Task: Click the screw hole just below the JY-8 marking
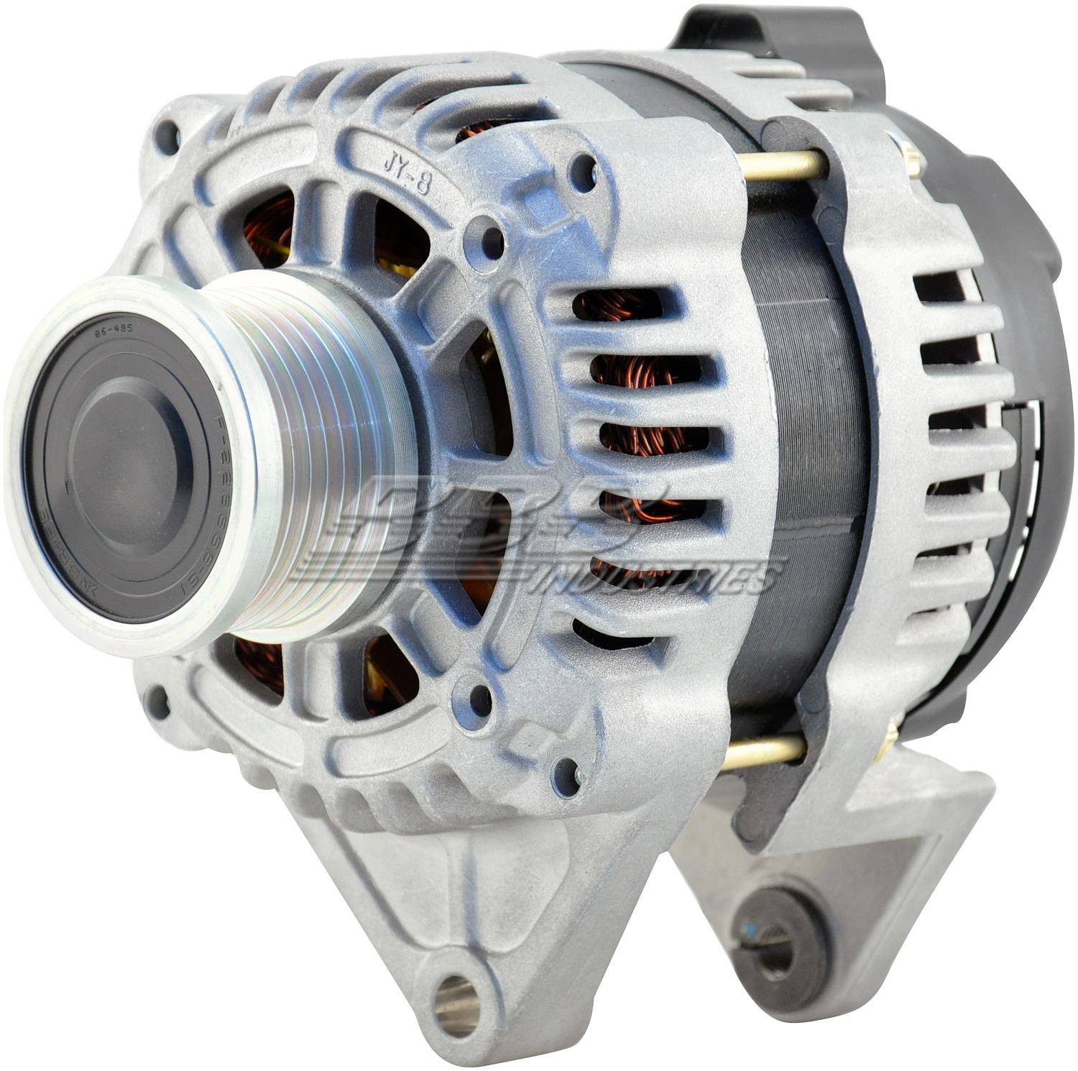point(492,241)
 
